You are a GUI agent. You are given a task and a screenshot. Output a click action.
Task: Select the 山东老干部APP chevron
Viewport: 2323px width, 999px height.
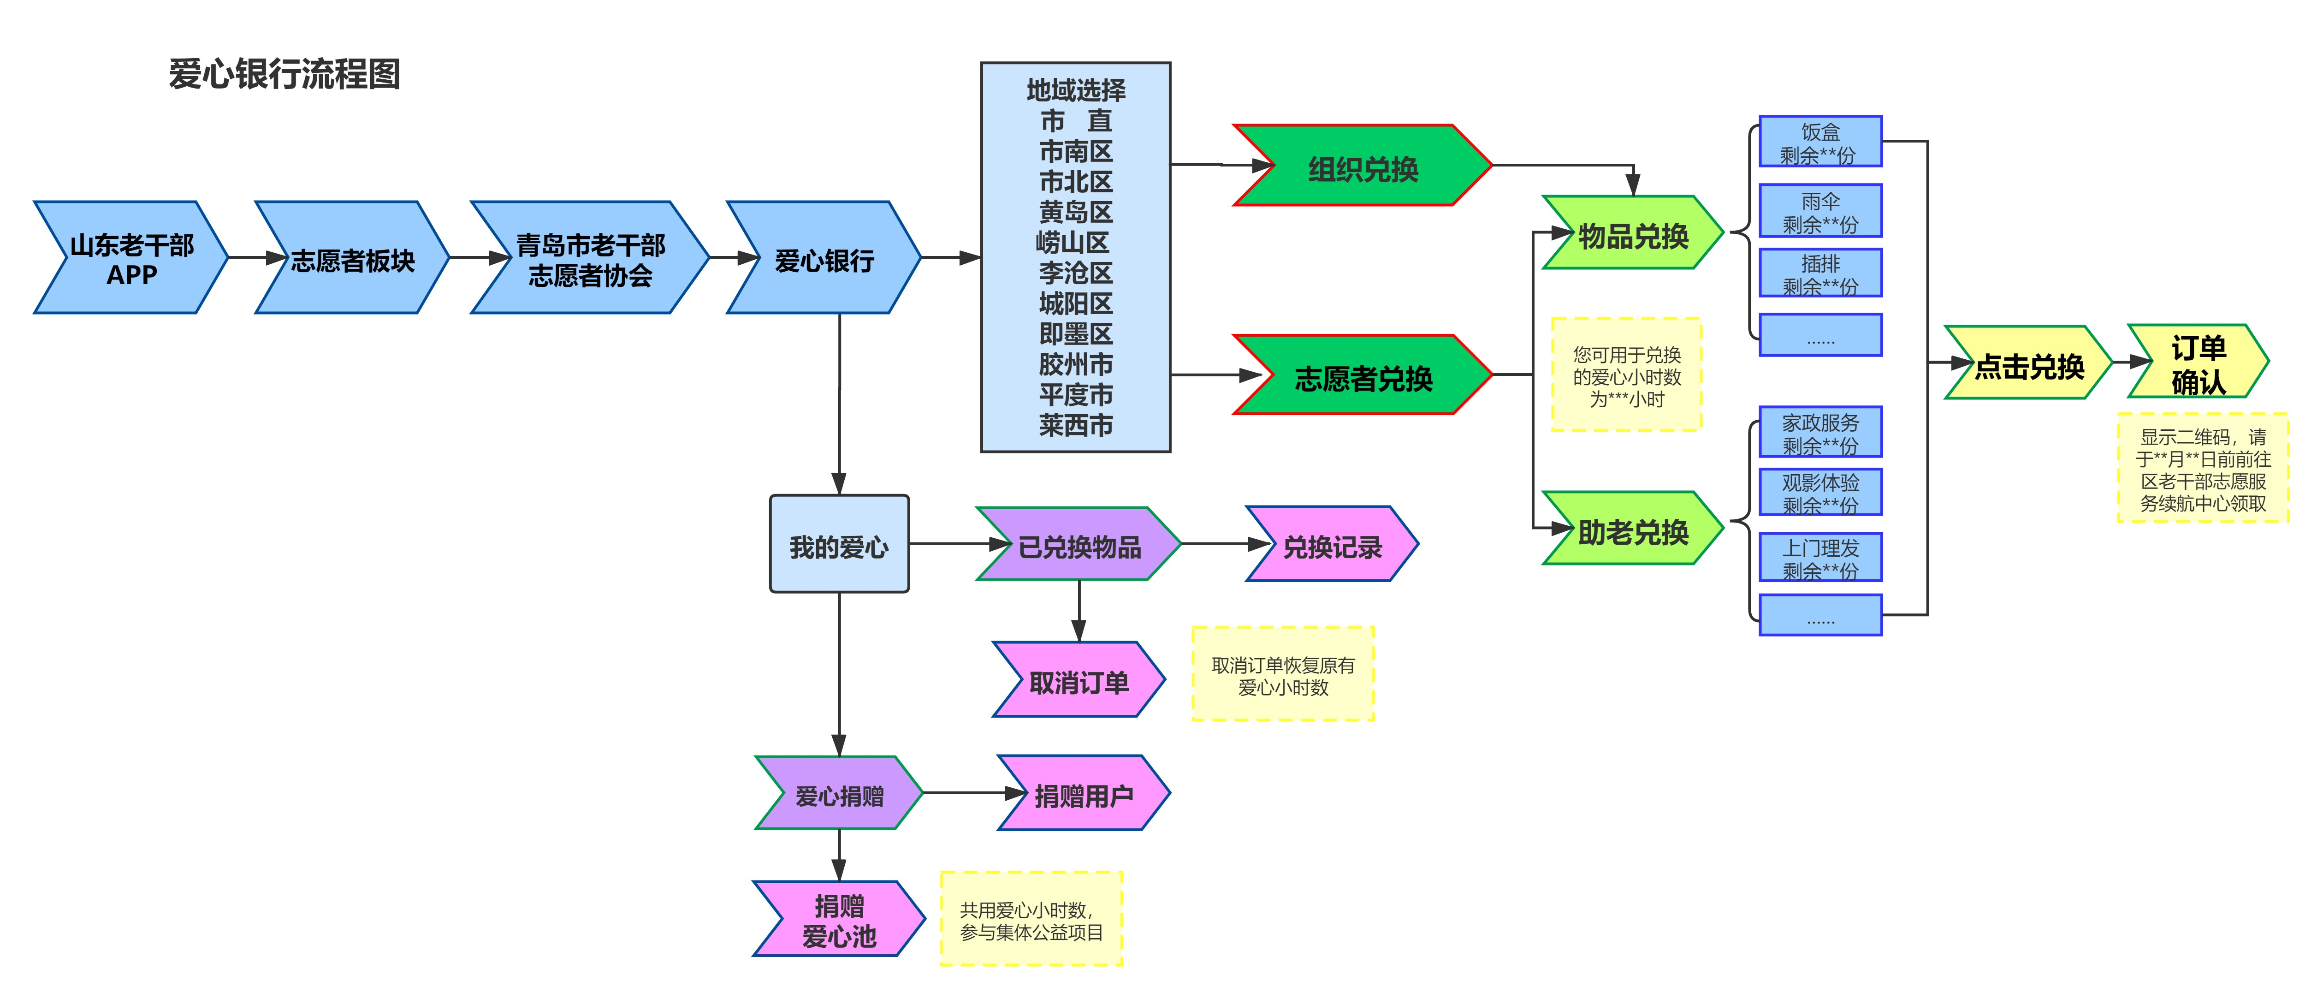132,259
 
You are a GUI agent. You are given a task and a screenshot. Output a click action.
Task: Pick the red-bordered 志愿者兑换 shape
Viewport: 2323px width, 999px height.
1363,377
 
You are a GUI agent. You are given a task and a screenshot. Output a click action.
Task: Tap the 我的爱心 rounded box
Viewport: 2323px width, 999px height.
839,545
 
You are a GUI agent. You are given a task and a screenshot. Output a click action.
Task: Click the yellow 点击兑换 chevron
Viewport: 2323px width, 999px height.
2029,364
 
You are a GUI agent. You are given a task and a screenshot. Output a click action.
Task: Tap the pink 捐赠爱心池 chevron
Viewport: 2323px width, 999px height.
839,920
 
